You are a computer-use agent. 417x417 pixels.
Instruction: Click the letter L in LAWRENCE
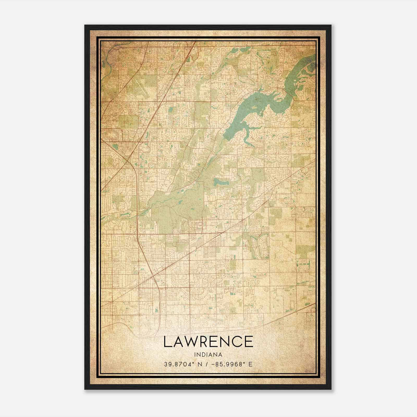coord(167,342)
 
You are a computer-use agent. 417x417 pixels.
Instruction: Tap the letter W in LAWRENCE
coord(193,342)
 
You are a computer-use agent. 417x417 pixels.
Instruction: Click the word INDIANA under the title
coord(208,355)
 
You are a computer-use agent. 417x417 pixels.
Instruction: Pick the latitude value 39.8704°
coord(179,364)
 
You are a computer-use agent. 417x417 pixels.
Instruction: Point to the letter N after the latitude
coord(200,364)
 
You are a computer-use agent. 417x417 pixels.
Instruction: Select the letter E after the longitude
coord(250,364)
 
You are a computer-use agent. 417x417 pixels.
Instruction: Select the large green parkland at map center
coord(177,206)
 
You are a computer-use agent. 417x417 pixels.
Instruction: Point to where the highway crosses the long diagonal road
coord(154,274)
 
